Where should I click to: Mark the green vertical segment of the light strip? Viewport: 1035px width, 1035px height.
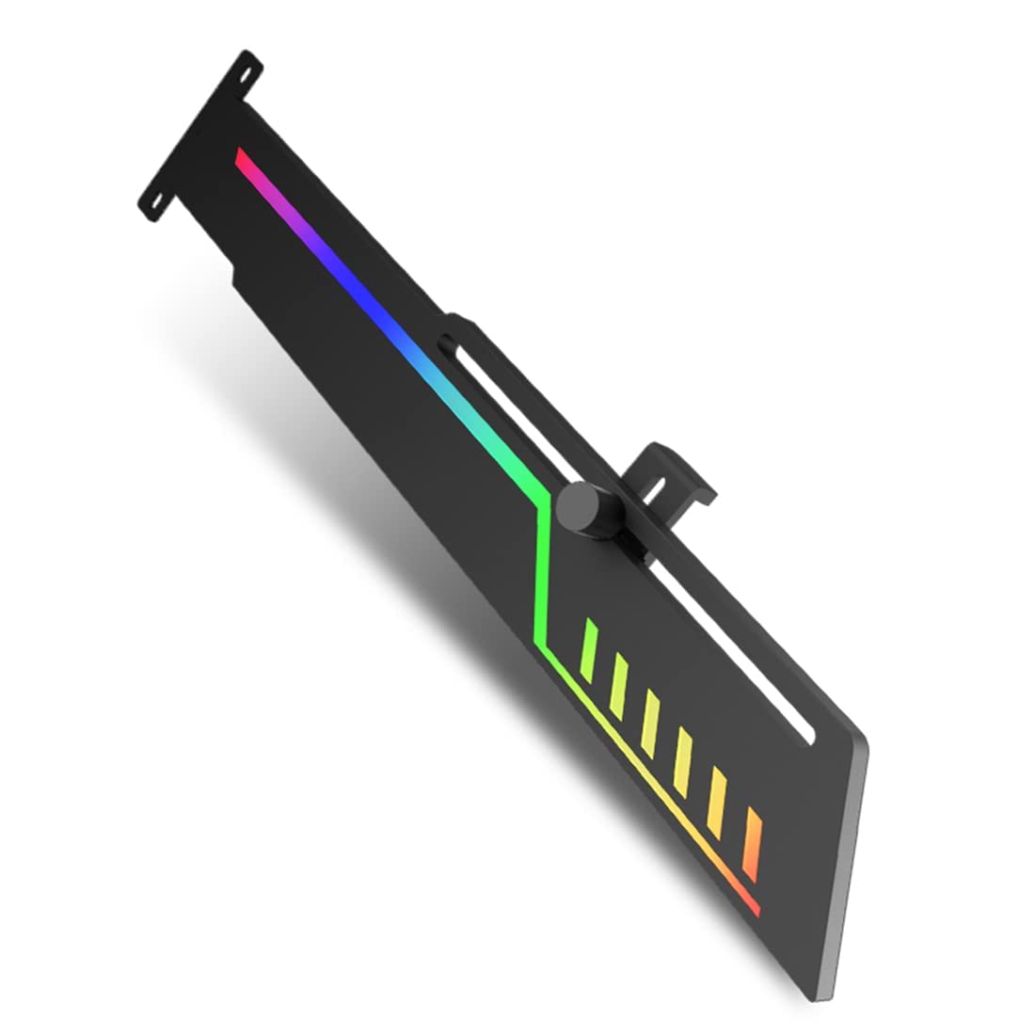tap(540, 574)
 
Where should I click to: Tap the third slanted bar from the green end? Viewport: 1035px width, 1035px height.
tap(650, 717)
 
